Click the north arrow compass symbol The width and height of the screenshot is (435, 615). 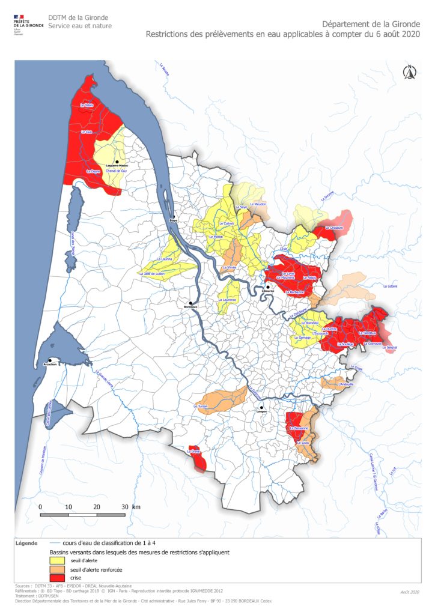(x=409, y=72)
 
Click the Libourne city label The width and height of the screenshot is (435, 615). (x=269, y=291)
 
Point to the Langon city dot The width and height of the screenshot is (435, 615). (x=262, y=407)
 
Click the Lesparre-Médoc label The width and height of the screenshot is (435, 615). (x=117, y=165)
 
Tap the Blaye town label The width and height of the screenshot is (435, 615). (x=174, y=220)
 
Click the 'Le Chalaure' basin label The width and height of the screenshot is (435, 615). (x=334, y=228)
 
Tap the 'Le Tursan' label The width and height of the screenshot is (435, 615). (x=200, y=407)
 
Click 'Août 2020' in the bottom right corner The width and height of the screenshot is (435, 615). (x=410, y=592)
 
